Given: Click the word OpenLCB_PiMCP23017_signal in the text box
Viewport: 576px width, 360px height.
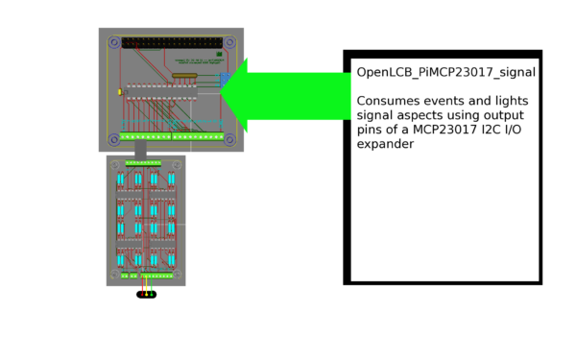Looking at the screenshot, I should coord(445,72).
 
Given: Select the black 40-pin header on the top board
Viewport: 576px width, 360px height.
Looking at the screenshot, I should coord(173,43).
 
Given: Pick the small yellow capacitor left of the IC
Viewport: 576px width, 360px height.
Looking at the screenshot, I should coord(118,92).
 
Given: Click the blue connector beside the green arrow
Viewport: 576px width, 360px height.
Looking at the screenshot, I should coord(225,83).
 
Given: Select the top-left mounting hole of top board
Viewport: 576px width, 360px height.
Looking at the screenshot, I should coord(115,43).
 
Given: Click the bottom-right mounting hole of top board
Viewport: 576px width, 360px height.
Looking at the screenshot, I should coord(230,137).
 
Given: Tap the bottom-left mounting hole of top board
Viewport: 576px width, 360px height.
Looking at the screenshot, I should coord(115,137).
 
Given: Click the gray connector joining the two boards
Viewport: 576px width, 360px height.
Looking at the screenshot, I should coord(140,153).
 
